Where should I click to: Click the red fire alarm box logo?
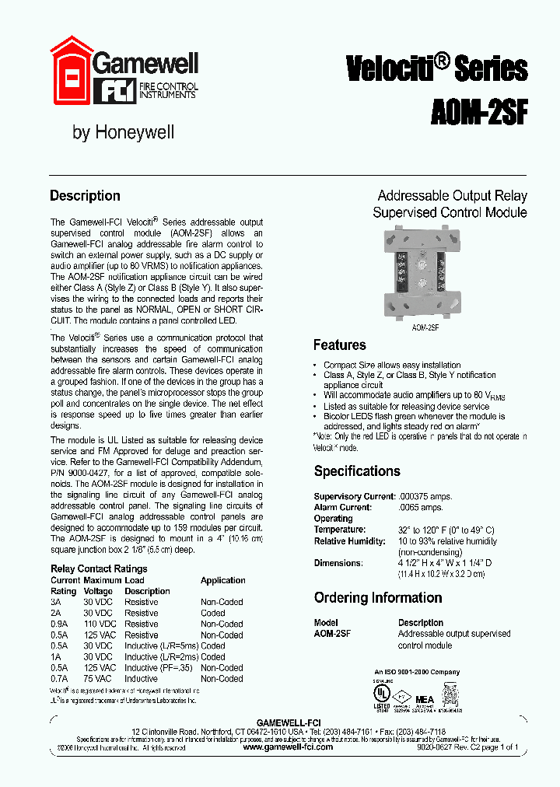71,70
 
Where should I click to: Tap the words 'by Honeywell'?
123,132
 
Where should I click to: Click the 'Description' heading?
85,196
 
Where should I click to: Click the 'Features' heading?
339,345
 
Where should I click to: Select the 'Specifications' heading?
357,471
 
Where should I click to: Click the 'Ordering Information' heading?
378,598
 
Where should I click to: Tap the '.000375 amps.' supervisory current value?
425,496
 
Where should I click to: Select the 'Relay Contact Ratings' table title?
99,569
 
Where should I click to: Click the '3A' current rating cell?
56,602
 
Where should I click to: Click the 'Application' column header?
222,580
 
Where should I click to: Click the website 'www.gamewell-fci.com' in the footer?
288,747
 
